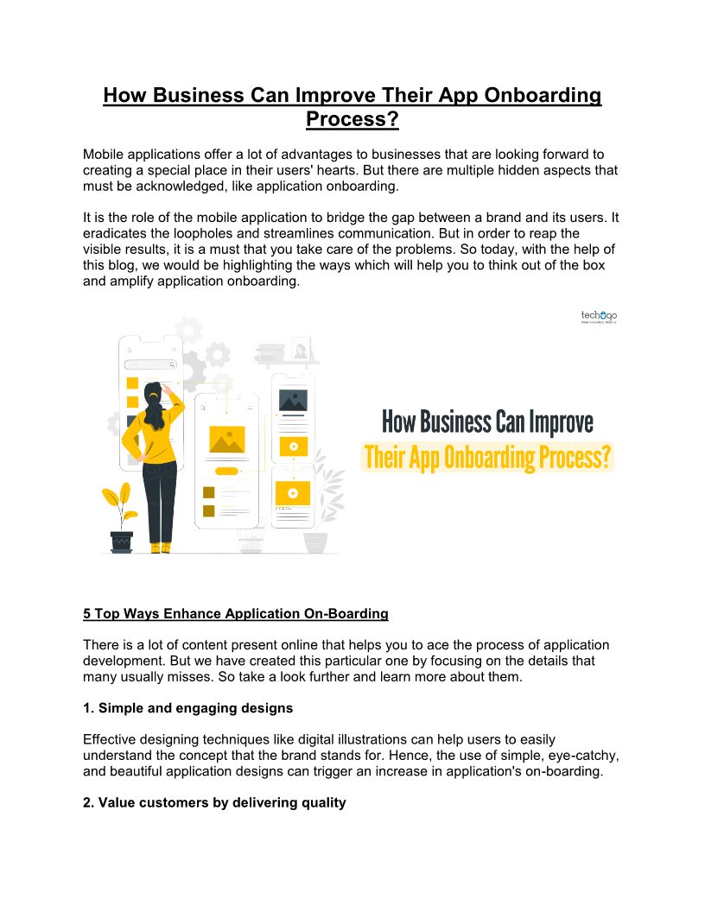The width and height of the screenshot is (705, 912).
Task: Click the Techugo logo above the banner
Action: [x=599, y=317]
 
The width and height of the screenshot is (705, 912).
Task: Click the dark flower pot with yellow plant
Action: [x=122, y=541]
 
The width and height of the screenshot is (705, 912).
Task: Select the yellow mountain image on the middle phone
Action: [x=226, y=440]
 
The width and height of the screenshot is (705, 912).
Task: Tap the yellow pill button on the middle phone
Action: [x=226, y=471]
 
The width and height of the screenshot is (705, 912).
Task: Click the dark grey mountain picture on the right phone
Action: [x=293, y=401]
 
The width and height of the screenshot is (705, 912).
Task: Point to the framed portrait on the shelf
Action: [x=301, y=349]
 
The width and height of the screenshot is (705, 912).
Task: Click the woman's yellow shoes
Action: [x=160, y=547]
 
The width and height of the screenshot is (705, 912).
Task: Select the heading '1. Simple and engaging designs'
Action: [x=187, y=708]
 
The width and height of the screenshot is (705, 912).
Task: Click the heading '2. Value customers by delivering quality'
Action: [x=214, y=802]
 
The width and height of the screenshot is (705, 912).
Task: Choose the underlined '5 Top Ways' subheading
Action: [x=235, y=614]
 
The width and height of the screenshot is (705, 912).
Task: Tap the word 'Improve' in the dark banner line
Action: [x=554, y=422]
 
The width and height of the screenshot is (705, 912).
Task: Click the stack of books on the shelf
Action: [x=270, y=352]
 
